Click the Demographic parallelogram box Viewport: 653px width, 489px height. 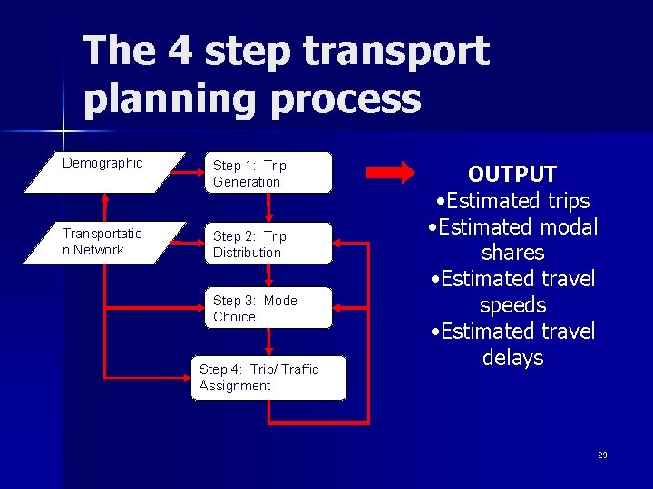click(x=104, y=172)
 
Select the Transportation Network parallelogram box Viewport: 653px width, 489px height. click(x=104, y=243)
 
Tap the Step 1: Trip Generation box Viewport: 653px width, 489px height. click(x=268, y=173)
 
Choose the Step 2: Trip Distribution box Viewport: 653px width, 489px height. click(x=268, y=244)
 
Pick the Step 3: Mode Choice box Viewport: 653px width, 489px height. click(x=268, y=308)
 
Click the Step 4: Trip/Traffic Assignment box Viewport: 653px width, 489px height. click(x=268, y=378)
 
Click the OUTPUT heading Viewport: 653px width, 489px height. click(x=512, y=174)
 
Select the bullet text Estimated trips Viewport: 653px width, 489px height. click(x=512, y=201)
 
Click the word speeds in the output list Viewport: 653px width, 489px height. click(x=512, y=305)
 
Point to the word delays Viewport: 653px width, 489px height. click(x=512, y=358)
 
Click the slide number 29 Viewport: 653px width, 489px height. click(x=602, y=455)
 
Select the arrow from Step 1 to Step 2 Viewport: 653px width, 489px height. click(x=269, y=207)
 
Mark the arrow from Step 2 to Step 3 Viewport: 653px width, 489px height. click(x=269, y=276)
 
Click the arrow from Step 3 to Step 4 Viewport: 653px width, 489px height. click(x=269, y=341)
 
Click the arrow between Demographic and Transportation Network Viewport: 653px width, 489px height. click(x=106, y=207)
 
